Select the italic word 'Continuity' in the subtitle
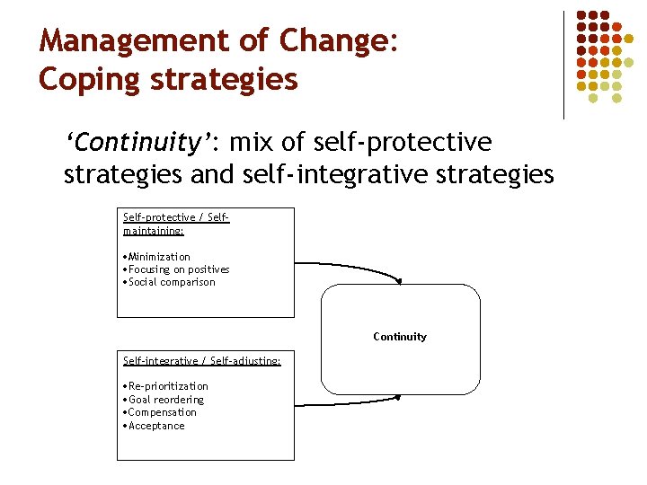coord(137,143)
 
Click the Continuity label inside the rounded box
coord(400,337)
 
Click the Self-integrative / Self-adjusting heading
coord(201,360)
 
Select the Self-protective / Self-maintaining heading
coord(176,224)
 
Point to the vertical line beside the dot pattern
coord(563,65)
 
